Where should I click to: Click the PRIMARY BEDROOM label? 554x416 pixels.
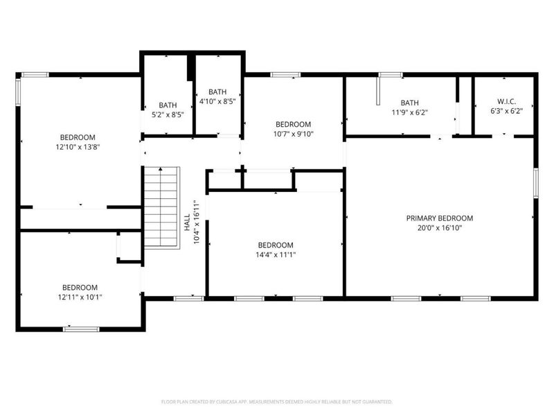click(x=440, y=218)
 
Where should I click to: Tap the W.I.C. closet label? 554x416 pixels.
click(x=506, y=101)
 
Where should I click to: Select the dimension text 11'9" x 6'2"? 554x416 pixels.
click(x=409, y=111)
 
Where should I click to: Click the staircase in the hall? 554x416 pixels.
click(x=161, y=207)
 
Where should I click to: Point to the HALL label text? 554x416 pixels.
click(x=187, y=222)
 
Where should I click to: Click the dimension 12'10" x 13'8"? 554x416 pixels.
click(x=78, y=147)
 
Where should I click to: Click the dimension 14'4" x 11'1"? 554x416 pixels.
click(x=276, y=254)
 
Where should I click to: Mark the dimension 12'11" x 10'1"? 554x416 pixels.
click(x=80, y=297)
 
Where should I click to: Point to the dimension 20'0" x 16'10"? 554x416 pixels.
click(x=440, y=227)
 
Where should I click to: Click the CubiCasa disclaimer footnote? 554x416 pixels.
click(x=276, y=401)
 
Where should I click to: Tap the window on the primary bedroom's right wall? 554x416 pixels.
click(x=535, y=184)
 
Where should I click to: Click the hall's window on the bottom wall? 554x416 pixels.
click(x=188, y=298)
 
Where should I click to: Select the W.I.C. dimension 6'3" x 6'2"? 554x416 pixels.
click(x=506, y=111)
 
